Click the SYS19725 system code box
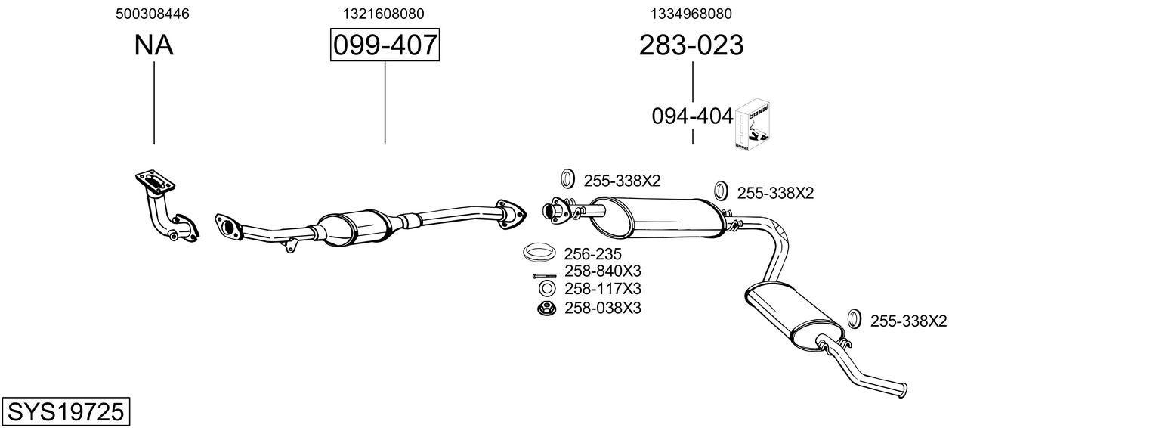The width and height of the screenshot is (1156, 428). click(x=65, y=411)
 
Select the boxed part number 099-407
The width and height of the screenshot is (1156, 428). click(x=385, y=45)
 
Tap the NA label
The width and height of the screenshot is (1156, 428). click(x=153, y=45)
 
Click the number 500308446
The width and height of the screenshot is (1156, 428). click(x=153, y=14)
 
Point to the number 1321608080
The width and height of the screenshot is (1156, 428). click(x=383, y=14)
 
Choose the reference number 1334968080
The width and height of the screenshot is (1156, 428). click(x=691, y=14)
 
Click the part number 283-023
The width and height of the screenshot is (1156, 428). click(x=691, y=45)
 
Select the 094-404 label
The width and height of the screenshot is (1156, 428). click(x=692, y=116)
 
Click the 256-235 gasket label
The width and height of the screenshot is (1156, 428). click(x=592, y=254)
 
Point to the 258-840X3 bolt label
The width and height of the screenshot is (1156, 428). click(x=602, y=271)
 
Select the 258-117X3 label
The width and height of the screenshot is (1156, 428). click(x=602, y=289)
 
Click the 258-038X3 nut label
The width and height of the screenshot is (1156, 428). click(x=602, y=308)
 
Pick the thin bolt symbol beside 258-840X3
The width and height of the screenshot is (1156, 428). click(x=544, y=275)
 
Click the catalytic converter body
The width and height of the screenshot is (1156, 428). click(x=355, y=226)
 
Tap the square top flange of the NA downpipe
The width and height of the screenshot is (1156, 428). click(x=156, y=182)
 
